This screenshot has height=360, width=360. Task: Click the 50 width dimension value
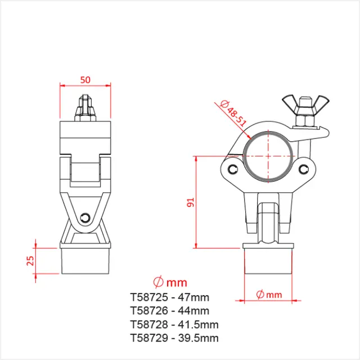pos(85,79)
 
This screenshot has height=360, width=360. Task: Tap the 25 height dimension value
pos(31,260)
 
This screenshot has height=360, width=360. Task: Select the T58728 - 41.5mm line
pos(174,325)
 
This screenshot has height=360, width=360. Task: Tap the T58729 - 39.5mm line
pos(174,338)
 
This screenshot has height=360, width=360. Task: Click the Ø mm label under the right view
pos(268,294)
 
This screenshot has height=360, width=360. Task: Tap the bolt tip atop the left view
pos(85,104)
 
